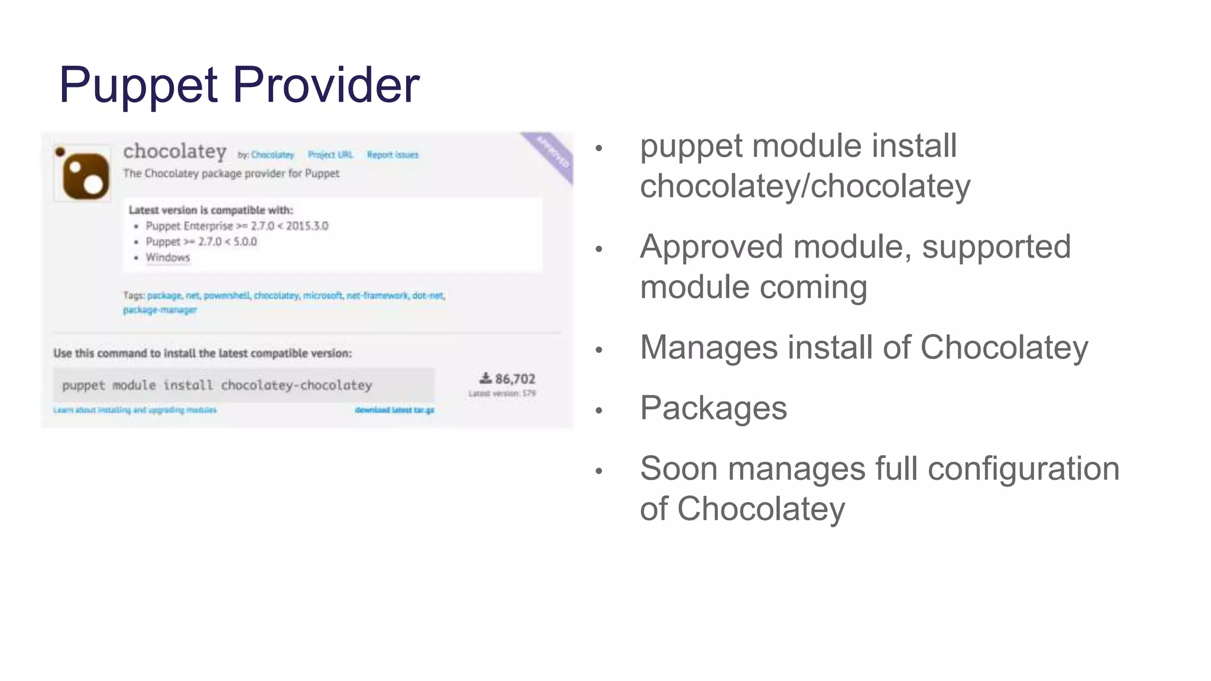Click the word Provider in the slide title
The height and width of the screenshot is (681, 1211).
click(326, 85)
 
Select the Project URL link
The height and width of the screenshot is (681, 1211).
click(330, 155)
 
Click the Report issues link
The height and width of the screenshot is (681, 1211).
click(393, 155)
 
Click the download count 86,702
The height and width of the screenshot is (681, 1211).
click(514, 379)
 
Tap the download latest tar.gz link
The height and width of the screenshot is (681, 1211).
click(394, 410)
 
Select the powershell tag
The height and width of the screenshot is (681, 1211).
click(226, 296)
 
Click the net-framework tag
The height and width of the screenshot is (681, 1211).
click(377, 296)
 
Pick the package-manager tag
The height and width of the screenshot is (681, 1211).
click(160, 310)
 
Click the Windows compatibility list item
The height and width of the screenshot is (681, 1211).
click(168, 258)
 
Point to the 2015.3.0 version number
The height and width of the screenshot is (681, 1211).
click(307, 226)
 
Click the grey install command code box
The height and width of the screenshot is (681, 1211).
click(244, 385)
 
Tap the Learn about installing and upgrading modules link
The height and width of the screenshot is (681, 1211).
click(135, 410)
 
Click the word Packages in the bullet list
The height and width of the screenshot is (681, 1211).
click(713, 408)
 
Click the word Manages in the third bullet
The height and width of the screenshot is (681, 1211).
click(708, 348)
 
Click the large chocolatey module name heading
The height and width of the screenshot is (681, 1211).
click(175, 152)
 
